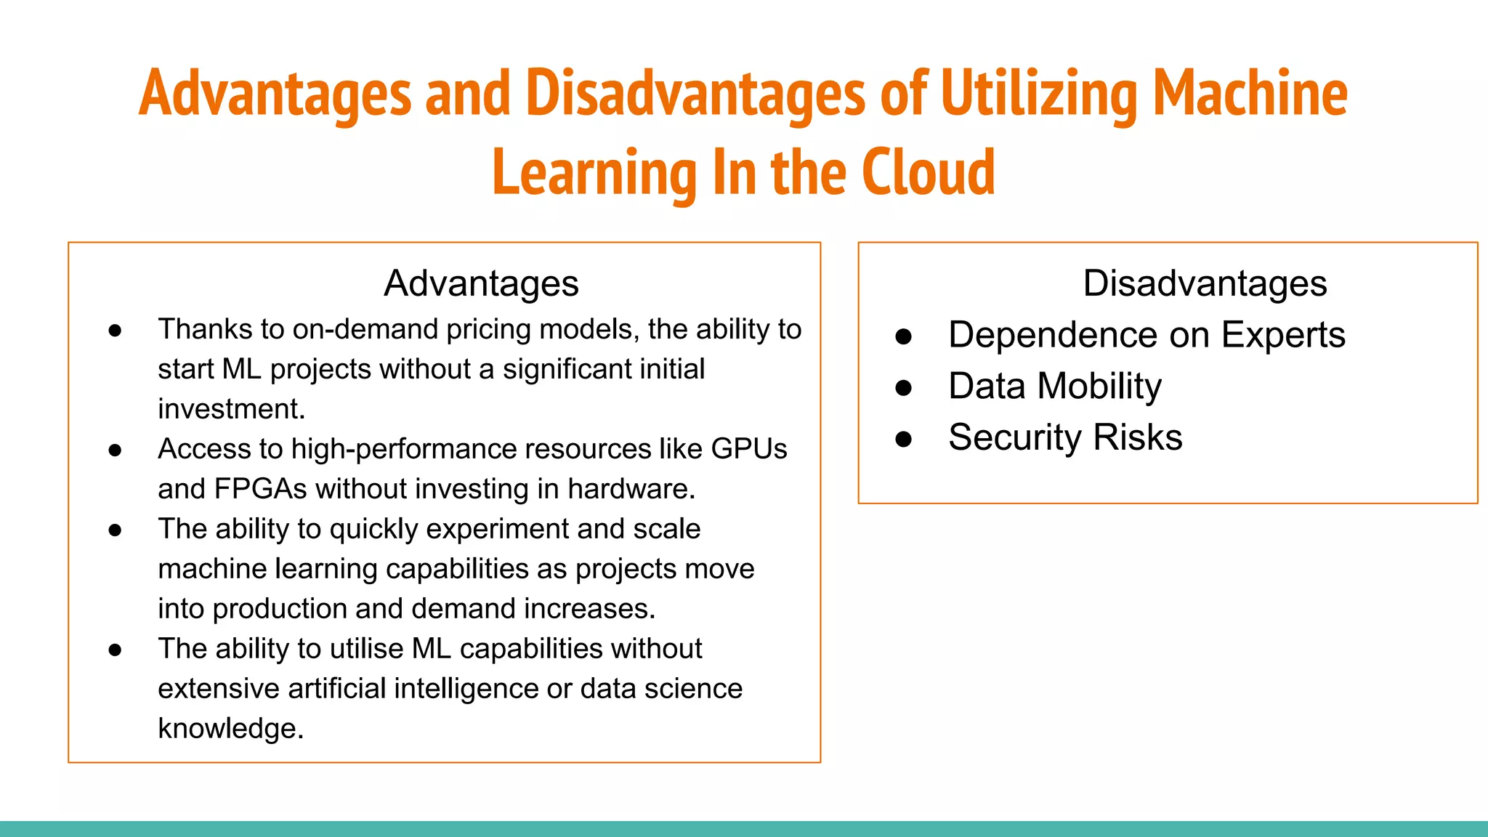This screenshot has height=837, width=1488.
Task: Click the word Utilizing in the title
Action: pos(1038,94)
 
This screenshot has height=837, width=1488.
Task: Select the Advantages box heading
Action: pos(481,283)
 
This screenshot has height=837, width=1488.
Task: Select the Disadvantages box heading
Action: pos(1205,283)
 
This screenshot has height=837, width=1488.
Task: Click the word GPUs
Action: pos(748,449)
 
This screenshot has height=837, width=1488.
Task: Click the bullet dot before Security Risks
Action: pos(903,439)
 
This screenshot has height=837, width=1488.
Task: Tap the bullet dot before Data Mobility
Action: pos(903,388)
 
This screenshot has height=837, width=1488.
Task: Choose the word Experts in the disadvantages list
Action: pos(1282,336)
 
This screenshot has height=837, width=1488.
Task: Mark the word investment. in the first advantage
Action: pos(231,409)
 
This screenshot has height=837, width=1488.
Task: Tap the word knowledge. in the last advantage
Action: pos(230,729)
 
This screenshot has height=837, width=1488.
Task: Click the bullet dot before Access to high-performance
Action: pos(115,450)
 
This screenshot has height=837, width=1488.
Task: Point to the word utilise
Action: pos(366,649)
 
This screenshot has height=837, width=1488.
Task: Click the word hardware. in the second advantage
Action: pos(631,489)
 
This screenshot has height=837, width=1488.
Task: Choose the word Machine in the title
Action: pos(1250,94)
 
